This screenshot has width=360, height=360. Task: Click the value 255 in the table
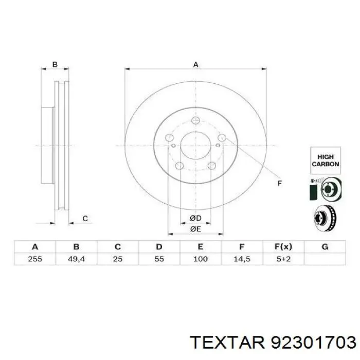pos(35,259)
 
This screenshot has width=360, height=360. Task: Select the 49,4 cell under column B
pos(76,259)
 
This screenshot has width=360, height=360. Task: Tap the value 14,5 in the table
pos(242,259)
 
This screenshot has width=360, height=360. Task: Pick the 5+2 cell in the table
pos(283,259)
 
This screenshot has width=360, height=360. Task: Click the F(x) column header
pos(283,247)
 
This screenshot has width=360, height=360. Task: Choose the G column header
pos(325,247)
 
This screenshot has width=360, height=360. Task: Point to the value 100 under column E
pos(201,259)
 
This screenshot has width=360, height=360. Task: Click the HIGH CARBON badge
pos(326,160)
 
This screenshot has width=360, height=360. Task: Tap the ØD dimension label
pos(195,218)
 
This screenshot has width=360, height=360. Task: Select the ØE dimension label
pos(195,229)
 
